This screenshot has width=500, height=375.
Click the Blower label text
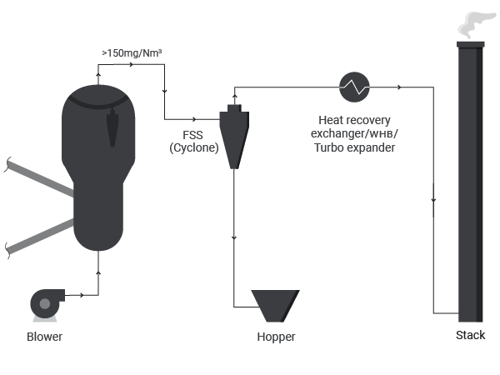(45, 337)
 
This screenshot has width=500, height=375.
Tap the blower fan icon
(47, 304)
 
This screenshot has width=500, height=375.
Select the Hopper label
(276, 337)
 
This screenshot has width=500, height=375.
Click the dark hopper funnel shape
(275, 306)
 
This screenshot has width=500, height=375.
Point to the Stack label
(470, 335)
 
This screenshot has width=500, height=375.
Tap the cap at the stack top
(471, 45)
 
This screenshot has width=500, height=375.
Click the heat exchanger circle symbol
(354, 87)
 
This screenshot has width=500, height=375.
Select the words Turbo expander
(354, 147)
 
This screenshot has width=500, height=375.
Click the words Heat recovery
(354, 120)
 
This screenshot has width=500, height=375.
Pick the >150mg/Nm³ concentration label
(132, 53)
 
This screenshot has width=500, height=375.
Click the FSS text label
(192, 135)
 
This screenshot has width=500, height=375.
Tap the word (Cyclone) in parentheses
(194, 147)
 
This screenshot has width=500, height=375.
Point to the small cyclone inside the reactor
(112, 127)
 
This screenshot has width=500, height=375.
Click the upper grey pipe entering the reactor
(40, 178)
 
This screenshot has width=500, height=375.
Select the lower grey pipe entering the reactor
(40, 237)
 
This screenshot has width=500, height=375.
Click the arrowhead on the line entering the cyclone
(194, 119)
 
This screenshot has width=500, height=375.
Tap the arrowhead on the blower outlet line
(82, 295)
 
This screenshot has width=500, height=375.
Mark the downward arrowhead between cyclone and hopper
(234, 237)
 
